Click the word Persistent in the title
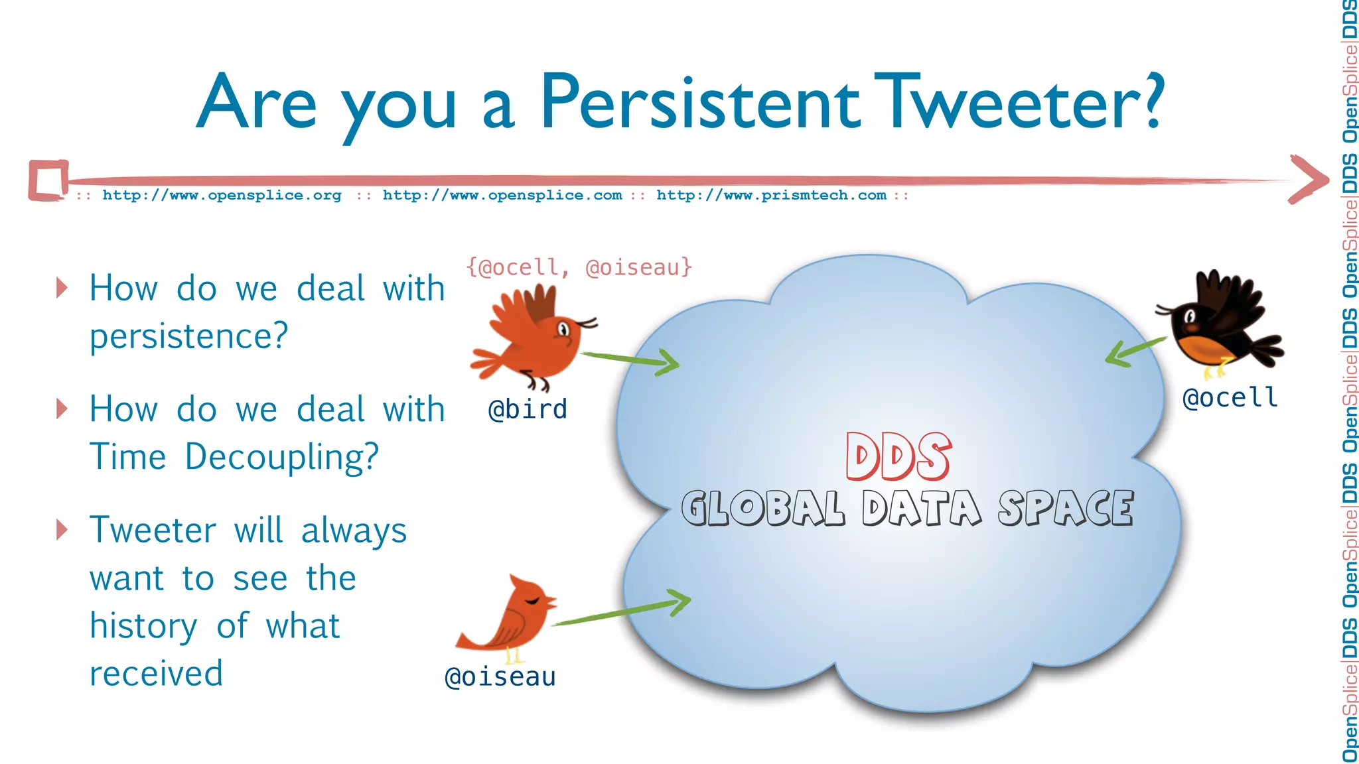tap(700, 103)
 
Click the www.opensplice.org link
tap(222, 195)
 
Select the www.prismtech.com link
tap(771, 195)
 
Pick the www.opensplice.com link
tap(502, 195)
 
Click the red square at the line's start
tap(48, 180)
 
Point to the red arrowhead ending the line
tap(1309, 179)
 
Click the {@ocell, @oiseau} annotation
tap(579, 267)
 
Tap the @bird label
tap(528, 409)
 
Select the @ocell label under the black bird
tap(1230, 398)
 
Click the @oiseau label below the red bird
tap(500, 677)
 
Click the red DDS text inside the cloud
tap(898, 457)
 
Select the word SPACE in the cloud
tap(1066, 509)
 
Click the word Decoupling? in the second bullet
tap(281, 457)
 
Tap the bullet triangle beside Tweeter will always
tap(62, 529)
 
